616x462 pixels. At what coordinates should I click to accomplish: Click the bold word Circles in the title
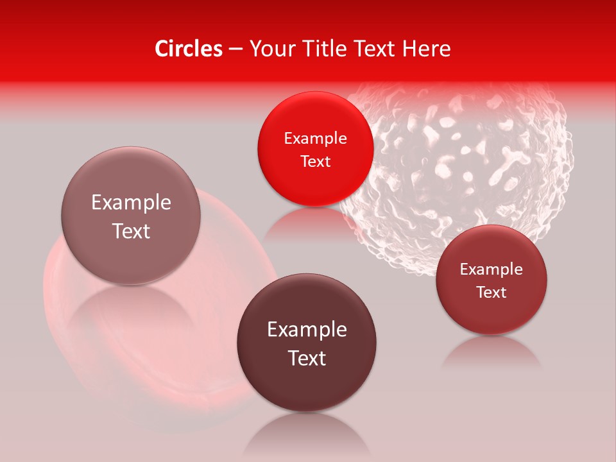tap(189, 49)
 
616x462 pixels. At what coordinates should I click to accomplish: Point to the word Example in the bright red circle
tap(315, 139)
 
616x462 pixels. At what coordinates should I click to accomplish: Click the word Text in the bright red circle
tap(315, 161)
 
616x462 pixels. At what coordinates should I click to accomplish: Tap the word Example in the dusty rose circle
tap(131, 203)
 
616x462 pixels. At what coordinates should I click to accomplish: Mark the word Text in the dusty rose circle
tap(131, 231)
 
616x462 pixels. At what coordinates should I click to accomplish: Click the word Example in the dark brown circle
tap(307, 330)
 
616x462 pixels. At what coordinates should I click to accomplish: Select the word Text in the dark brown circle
tap(307, 358)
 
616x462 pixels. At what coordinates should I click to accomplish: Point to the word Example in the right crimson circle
tap(492, 269)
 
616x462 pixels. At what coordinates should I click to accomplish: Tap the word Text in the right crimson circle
tap(492, 293)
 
